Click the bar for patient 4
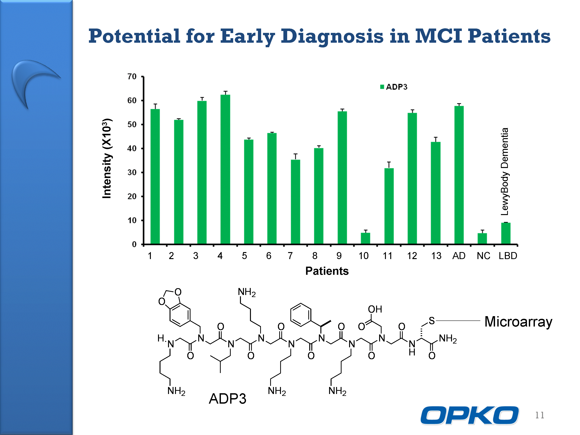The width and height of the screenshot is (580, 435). (x=225, y=169)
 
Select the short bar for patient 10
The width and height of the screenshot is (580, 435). (x=365, y=238)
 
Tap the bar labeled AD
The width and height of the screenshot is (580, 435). (x=459, y=175)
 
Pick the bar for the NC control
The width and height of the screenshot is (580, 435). (x=482, y=238)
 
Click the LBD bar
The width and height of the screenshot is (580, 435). (x=506, y=234)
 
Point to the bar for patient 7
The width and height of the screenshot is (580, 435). (x=295, y=202)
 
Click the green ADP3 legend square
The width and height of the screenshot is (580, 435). (x=382, y=87)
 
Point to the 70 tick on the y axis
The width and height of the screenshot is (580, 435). (x=132, y=76)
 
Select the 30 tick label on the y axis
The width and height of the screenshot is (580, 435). (x=132, y=172)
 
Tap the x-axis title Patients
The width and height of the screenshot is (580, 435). (x=327, y=271)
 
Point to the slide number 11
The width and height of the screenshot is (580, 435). (x=540, y=415)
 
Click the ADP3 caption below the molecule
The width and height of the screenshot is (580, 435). (x=227, y=399)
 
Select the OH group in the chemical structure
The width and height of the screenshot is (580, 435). (x=375, y=309)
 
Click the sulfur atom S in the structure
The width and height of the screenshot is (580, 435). (x=432, y=321)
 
